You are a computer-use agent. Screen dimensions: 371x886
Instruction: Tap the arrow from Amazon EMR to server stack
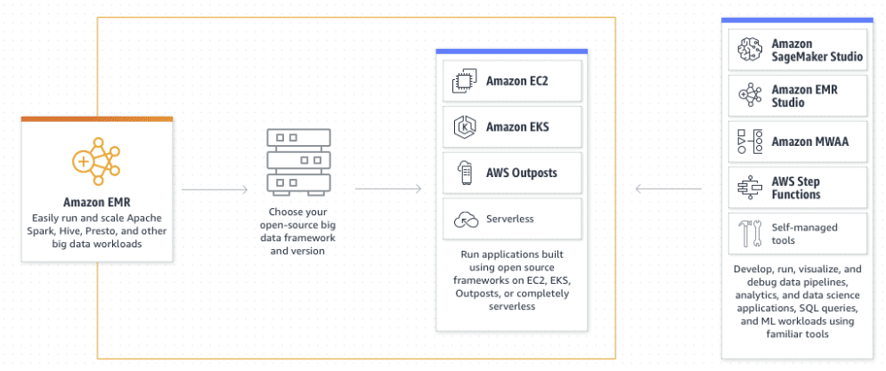tap(215, 189)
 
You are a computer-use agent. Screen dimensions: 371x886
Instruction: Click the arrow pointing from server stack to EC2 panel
tap(387, 189)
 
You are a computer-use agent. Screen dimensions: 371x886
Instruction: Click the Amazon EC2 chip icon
tap(464, 82)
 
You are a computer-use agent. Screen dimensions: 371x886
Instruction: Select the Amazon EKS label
tap(517, 127)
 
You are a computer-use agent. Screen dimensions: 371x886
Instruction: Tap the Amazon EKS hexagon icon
tap(464, 127)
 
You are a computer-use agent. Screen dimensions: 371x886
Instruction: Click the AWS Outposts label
tap(522, 173)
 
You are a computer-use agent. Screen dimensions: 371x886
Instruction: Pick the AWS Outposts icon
tap(464, 173)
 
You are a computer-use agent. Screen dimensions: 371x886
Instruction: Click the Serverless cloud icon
tap(464, 219)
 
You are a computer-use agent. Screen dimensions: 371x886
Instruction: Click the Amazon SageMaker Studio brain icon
tap(748, 51)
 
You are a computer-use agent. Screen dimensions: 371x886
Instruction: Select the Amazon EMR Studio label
tap(804, 96)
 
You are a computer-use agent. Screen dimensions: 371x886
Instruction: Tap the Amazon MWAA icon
tap(748, 141)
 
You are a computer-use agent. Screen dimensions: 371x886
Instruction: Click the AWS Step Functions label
tap(797, 188)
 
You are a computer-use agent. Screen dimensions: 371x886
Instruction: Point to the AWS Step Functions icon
tap(748, 188)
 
